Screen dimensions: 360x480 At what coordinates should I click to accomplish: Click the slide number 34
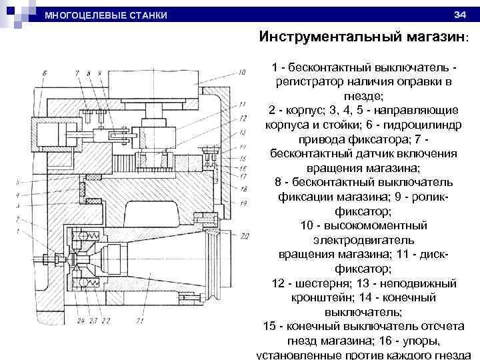pyautogui.click(x=459, y=15)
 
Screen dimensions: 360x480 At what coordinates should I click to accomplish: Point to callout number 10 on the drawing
pyautogui.click(x=243, y=71)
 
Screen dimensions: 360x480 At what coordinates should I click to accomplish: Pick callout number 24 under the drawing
pyautogui.click(x=80, y=321)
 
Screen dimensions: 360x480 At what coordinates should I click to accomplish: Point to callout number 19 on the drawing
pyautogui.click(x=244, y=202)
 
